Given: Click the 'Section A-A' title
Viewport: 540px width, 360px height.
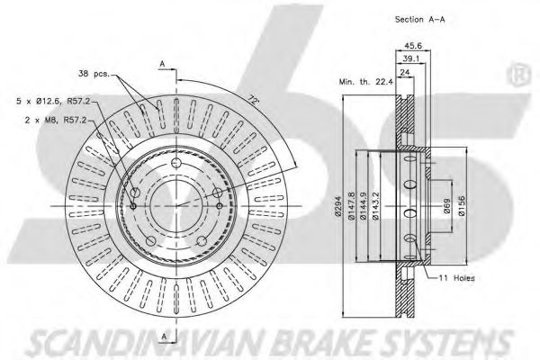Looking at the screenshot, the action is click(419, 20).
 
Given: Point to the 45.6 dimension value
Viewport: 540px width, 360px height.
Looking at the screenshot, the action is click(413, 46).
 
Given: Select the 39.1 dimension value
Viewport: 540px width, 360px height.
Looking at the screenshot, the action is click(411, 58).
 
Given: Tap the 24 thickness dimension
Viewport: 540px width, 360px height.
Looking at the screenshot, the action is click(405, 72).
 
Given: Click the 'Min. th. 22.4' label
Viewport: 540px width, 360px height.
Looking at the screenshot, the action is click(365, 82).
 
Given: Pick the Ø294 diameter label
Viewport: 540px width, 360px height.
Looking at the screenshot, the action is click(337, 207).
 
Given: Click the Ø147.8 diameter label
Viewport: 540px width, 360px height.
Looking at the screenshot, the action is click(351, 206).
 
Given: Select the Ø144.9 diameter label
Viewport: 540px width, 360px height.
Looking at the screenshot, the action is click(362, 206).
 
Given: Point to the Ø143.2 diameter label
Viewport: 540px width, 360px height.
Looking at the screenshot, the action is click(375, 206).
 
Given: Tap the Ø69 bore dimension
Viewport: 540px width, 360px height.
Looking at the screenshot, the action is click(446, 206).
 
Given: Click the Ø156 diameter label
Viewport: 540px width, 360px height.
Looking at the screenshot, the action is click(462, 206).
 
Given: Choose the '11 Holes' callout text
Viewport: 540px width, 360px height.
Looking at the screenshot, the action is click(456, 278).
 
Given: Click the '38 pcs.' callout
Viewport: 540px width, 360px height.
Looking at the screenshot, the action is click(94, 74).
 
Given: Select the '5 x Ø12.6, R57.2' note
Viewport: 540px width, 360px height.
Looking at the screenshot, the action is click(53, 101).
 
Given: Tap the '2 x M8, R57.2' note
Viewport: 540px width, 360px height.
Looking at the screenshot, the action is click(56, 121).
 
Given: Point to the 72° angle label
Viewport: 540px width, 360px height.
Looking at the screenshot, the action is click(253, 100).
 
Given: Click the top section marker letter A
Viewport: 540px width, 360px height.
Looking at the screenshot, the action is click(162, 64).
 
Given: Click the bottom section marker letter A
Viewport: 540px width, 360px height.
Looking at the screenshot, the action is click(164, 337).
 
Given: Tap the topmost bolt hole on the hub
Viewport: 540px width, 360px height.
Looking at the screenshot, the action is click(176, 163).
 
